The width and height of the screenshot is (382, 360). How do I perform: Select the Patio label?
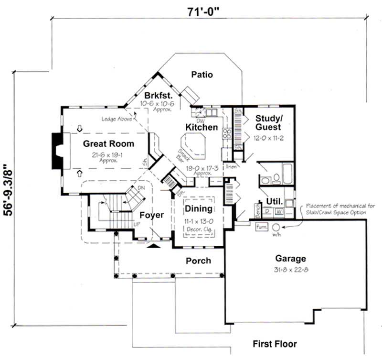(202, 75)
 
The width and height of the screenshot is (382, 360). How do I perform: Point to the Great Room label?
(108, 143)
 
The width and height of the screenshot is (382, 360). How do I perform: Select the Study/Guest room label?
(268, 122)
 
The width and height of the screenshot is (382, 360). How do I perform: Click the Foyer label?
(152, 215)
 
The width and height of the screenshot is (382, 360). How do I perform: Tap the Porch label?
(198, 261)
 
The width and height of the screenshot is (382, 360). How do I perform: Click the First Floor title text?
(275, 344)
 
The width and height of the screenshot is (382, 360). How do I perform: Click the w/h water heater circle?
(276, 227)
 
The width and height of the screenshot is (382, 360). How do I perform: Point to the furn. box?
(261, 226)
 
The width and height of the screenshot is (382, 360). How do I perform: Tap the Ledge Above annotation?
(116, 119)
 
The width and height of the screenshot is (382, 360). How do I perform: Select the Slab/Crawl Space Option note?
(335, 212)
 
